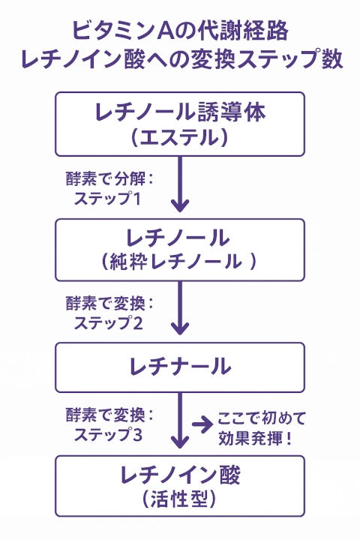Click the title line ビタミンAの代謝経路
click(180, 31)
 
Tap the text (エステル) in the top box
click(180, 137)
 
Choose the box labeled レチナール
click(180, 367)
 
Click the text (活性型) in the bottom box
click(180, 499)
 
